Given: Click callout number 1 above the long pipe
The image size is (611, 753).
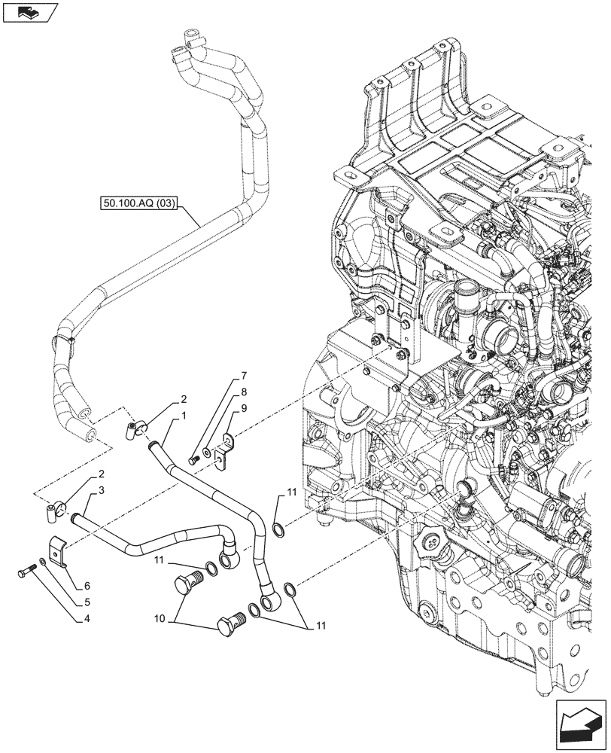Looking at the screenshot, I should pos(183,415).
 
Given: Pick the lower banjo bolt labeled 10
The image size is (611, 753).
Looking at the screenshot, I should pos(229,624).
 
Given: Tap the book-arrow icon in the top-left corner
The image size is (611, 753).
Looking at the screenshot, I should pos(29,12).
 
